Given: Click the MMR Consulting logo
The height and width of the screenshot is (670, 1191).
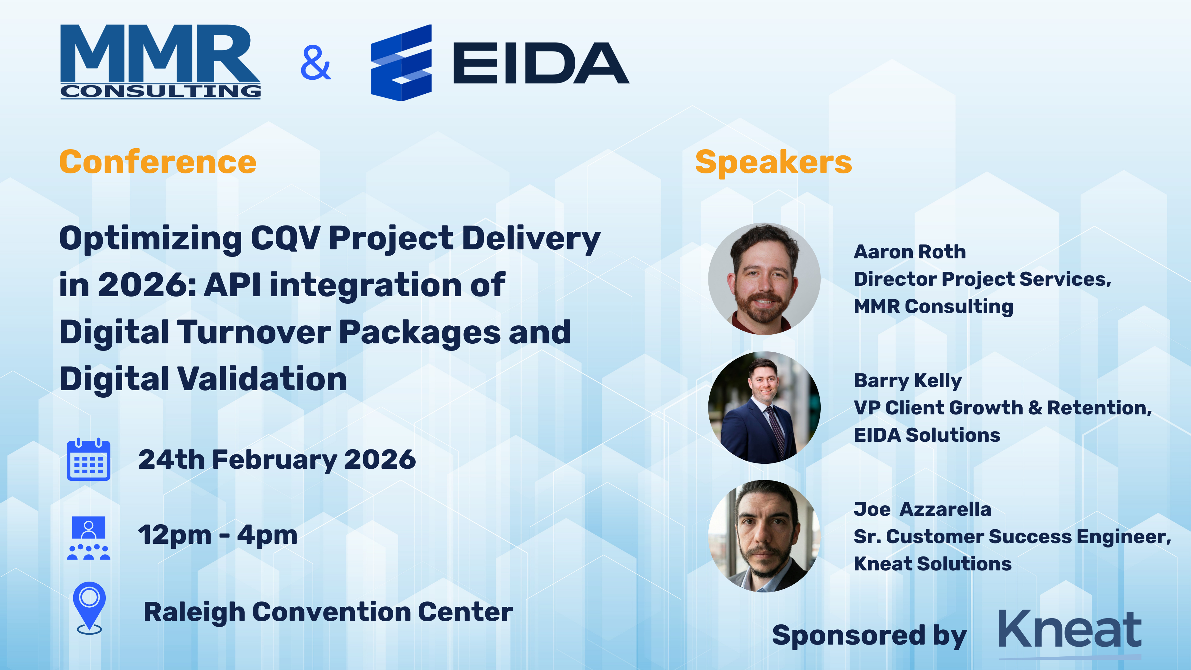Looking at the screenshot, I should click(x=160, y=61).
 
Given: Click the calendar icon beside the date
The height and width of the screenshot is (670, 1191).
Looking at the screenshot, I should click(x=88, y=460).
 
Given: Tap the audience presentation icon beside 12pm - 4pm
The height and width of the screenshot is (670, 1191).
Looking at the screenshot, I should click(x=88, y=538).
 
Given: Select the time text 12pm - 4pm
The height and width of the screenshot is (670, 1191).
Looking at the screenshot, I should click(x=218, y=535).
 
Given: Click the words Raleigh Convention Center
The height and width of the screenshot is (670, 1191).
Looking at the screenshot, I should click(x=328, y=612).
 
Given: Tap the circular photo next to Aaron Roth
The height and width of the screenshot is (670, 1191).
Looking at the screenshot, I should click(x=764, y=279).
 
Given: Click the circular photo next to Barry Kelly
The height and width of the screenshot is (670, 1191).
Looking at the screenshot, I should click(x=764, y=407).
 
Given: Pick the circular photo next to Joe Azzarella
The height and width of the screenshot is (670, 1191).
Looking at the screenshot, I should click(x=764, y=536).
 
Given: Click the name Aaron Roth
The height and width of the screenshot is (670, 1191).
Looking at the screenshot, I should click(x=909, y=252).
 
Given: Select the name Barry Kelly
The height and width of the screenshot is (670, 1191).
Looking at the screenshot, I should click(x=908, y=381).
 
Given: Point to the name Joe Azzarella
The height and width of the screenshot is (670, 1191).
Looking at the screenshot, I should click(x=922, y=509).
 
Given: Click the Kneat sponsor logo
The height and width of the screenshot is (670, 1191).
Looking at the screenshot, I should click(x=1069, y=631).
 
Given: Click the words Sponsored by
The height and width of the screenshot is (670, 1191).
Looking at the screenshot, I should click(x=869, y=635).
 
